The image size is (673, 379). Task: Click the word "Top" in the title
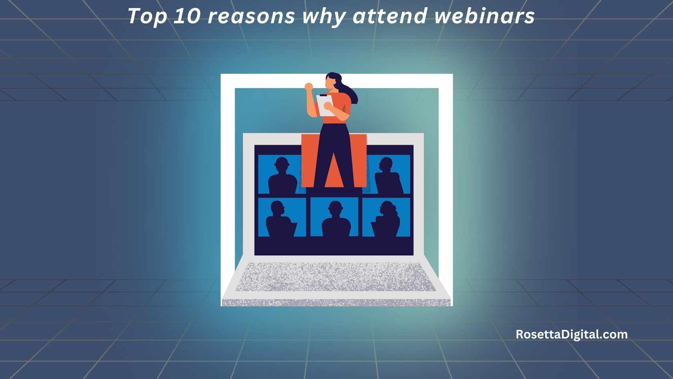point(147,17)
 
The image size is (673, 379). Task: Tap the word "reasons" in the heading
point(251,17)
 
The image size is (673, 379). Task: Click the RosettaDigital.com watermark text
point(571,334)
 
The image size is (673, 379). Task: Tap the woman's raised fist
point(308,87)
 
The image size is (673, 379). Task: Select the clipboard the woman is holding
point(324,105)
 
